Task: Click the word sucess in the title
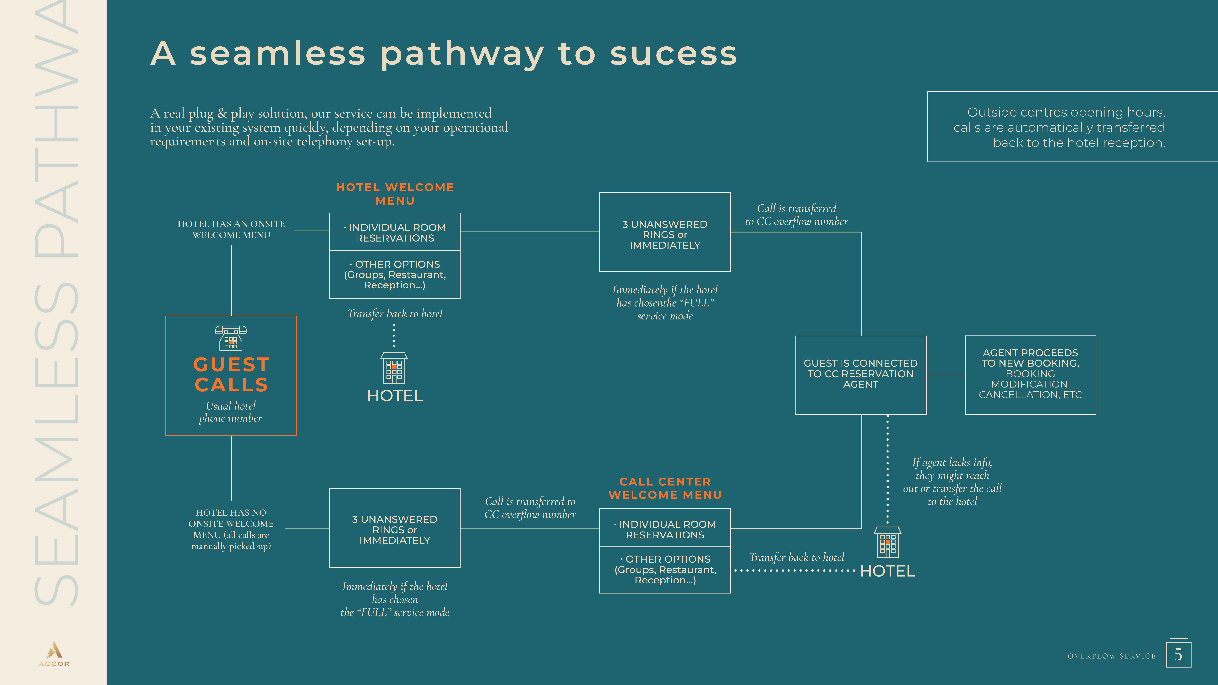click(x=673, y=53)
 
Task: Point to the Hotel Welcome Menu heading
click(x=395, y=194)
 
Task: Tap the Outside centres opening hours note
click(x=1059, y=127)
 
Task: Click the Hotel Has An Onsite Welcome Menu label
click(x=231, y=229)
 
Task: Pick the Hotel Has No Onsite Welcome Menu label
click(x=231, y=529)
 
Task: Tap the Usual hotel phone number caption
click(x=231, y=412)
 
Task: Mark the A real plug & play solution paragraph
click(x=329, y=127)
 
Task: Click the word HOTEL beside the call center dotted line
click(x=887, y=571)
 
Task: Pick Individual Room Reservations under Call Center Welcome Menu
click(x=665, y=529)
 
